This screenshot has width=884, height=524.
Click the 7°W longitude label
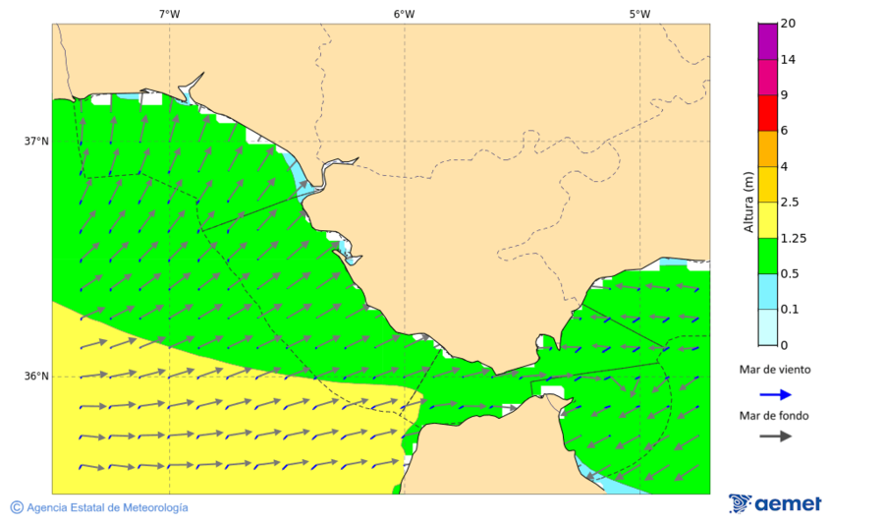point(169,14)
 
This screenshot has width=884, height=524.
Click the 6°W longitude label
point(404,14)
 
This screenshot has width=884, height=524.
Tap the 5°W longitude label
point(639,14)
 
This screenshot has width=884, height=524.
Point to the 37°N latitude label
point(36,142)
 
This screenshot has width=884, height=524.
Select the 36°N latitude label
point(36,377)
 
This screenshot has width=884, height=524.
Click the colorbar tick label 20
point(788,24)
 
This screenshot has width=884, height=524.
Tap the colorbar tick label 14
point(788,59)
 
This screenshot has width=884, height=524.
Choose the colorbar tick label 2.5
point(790,203)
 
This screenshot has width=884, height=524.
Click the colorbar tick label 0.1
point(790,310)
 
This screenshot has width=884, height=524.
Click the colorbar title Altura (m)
point(748,203)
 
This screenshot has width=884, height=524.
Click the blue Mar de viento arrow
point(775,394)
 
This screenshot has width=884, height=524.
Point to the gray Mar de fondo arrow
point(775,437)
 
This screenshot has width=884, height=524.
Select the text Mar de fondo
point(775,416)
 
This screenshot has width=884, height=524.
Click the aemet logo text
point(788,504)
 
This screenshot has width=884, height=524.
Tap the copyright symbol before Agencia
point(17,507)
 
